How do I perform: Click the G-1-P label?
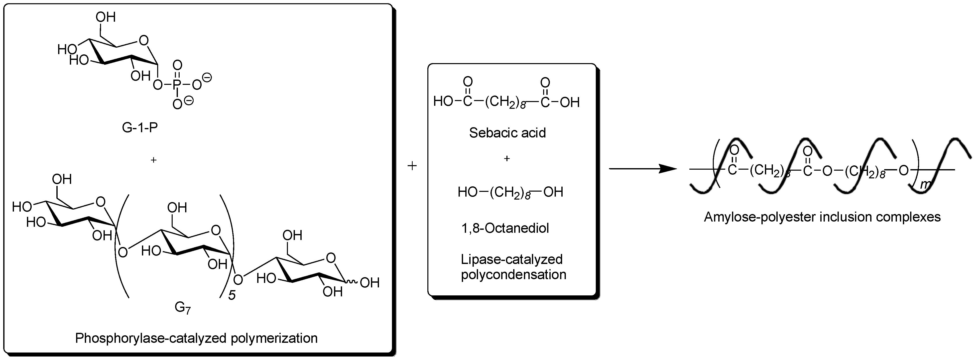140,127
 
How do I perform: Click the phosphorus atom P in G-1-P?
177,84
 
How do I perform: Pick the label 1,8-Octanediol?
505,228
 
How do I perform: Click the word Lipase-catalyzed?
511,259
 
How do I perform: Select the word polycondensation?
513,274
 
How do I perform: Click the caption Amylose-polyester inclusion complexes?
822,217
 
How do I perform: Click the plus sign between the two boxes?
412,166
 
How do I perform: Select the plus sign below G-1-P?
153,160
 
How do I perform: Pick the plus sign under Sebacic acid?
507,159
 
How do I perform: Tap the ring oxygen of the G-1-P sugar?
143,40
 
